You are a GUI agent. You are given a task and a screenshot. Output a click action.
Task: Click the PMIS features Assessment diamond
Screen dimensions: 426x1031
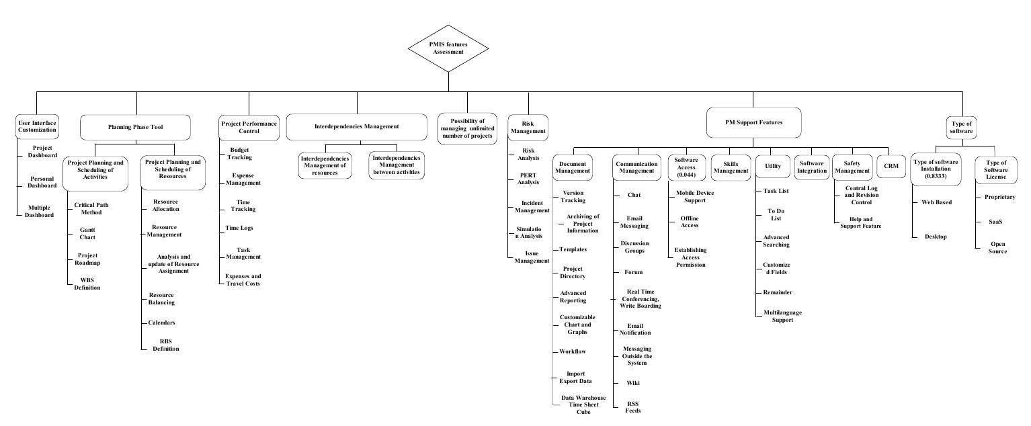click(x=448, y=47)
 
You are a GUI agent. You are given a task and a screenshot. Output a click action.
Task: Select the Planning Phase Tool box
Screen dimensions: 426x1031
click(x=135, y=127)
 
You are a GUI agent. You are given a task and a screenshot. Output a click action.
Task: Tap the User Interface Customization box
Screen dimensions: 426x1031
click(x=37, y=126)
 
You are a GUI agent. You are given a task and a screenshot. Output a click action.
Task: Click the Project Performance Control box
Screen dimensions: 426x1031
click(x=249, y=127)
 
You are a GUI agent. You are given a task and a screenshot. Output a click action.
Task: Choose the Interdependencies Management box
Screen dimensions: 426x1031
click(x=357, y=126)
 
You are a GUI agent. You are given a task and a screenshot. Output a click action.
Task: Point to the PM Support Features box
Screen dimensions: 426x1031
click(x=753, y=122)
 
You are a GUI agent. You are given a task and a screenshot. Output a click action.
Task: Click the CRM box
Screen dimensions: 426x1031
click(x=891, y=166)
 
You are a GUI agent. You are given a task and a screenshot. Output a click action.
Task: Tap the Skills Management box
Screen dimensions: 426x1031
click(x=731, y=167)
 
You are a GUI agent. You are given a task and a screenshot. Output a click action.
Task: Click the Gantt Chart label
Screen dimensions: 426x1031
click(x=87, y=233)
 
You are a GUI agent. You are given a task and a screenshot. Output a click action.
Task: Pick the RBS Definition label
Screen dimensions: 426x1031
click(x=165, y=345)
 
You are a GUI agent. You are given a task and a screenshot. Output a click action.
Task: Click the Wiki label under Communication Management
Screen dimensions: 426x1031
click(x=633, y=383)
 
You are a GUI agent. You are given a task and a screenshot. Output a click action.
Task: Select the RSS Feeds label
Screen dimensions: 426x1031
click(x=633, y=407)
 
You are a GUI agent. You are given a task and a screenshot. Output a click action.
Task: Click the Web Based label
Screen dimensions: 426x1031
click(x=936, y=202)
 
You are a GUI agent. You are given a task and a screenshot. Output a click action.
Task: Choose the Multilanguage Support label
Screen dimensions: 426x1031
click(x=782, y=316)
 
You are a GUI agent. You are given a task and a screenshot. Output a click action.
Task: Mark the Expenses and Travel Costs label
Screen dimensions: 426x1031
click(x=243, y=280)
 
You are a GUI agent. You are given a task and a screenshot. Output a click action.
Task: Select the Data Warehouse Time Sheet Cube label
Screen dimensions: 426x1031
click(x=583, y=404)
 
